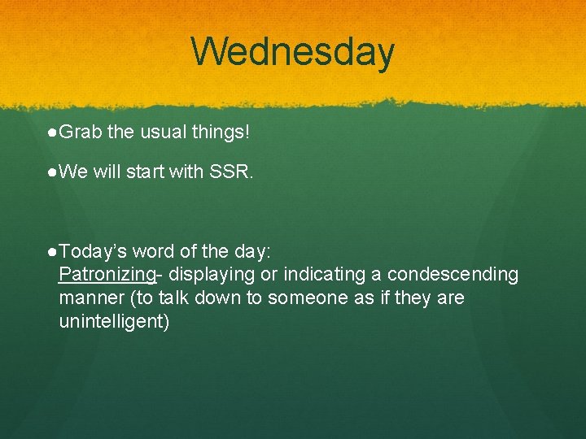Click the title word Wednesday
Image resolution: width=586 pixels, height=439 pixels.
pos(293,51)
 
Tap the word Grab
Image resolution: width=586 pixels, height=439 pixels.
pos(79,132)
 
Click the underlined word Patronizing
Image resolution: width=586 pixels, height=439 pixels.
pos(107,275)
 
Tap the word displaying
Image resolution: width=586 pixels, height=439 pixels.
pos(208,275)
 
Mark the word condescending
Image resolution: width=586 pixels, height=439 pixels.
pos(453,275)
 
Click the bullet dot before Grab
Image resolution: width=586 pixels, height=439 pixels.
pos(52,132)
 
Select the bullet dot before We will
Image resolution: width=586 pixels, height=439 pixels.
pos(52,172)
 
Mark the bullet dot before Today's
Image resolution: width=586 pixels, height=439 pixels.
pos(52,251)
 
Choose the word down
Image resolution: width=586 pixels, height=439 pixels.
pos(220,298)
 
